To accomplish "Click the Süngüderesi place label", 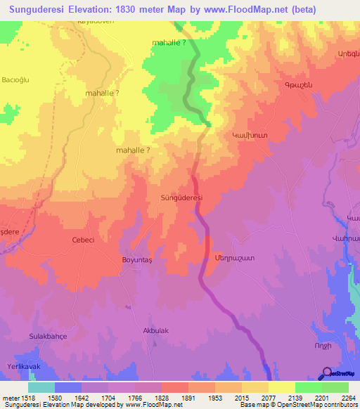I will point(181,198).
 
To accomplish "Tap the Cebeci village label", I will point(83,240).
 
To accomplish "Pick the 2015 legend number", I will point(239,397).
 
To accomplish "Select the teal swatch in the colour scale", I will point(41,387).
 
